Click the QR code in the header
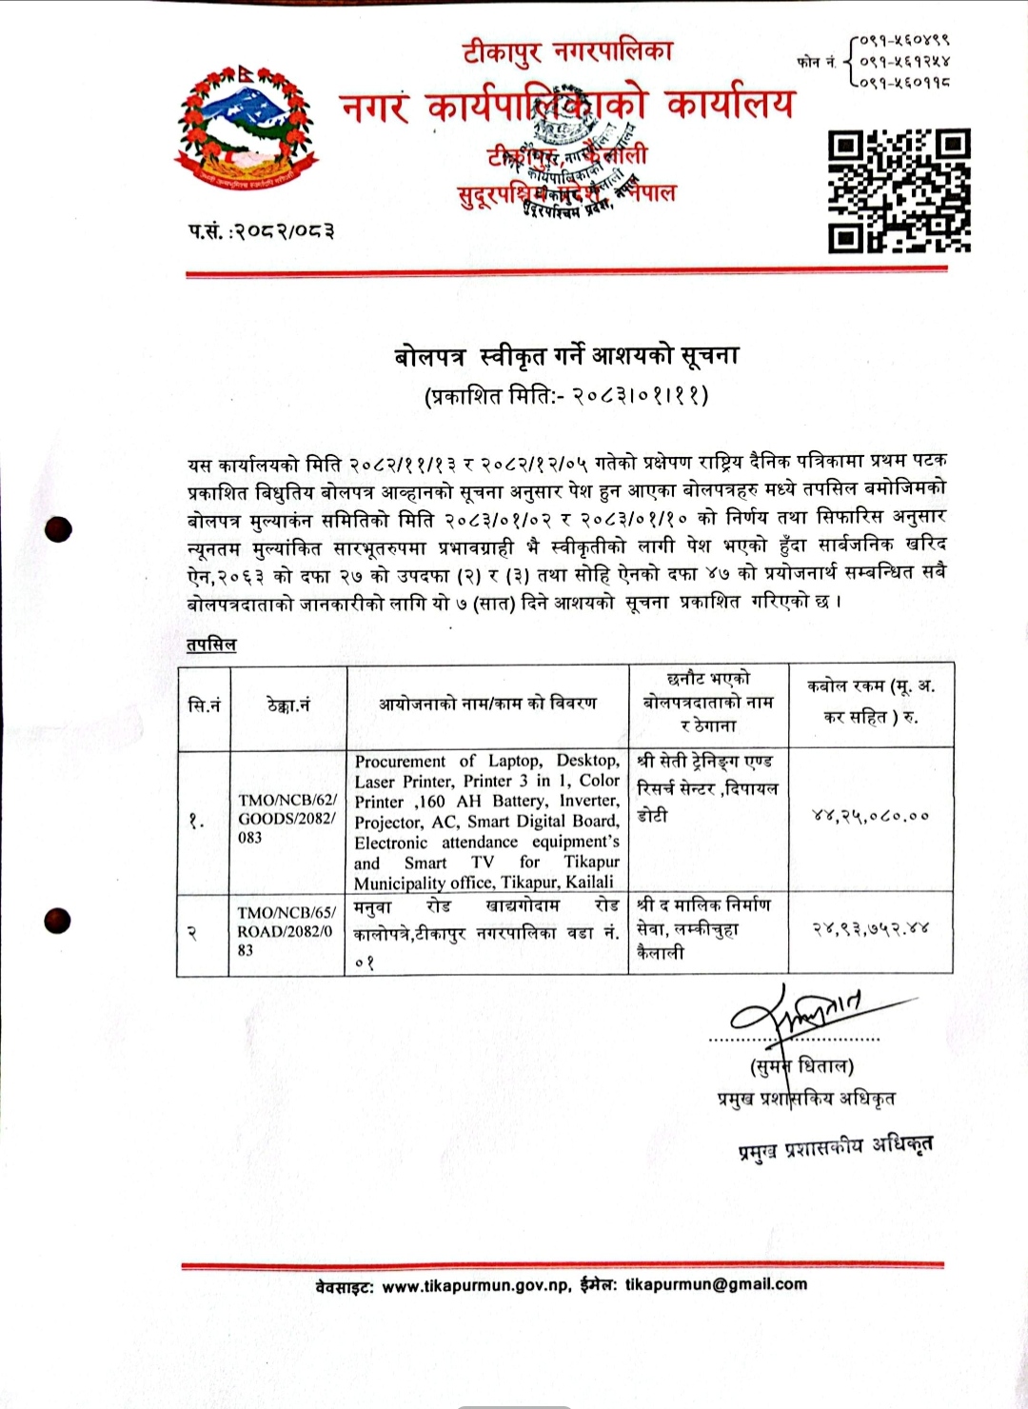point(899,191)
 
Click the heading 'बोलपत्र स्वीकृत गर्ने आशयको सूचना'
point(566,356)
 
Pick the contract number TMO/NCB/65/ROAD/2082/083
point(287,931)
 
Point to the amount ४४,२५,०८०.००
point(870,815)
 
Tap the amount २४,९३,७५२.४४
point(870,927)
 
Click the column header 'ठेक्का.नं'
point(288,704)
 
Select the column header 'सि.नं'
point(205,704)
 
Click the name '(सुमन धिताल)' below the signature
point(801,1065)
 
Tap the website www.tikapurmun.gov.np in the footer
point(476,1285)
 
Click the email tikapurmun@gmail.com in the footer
point(716,1284)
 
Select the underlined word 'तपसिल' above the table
point(211,645)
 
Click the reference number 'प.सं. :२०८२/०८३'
point(261,230)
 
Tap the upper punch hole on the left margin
point(59,530)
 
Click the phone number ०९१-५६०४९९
point(904,41)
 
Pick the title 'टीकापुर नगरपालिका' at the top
point(567,50)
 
